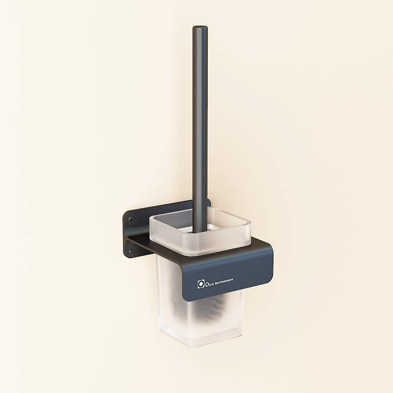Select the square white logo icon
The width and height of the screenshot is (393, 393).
pos(200,283)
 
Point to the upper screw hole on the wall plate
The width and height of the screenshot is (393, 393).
pos(131,217)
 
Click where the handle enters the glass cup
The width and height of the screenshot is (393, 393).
pos(200,229)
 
